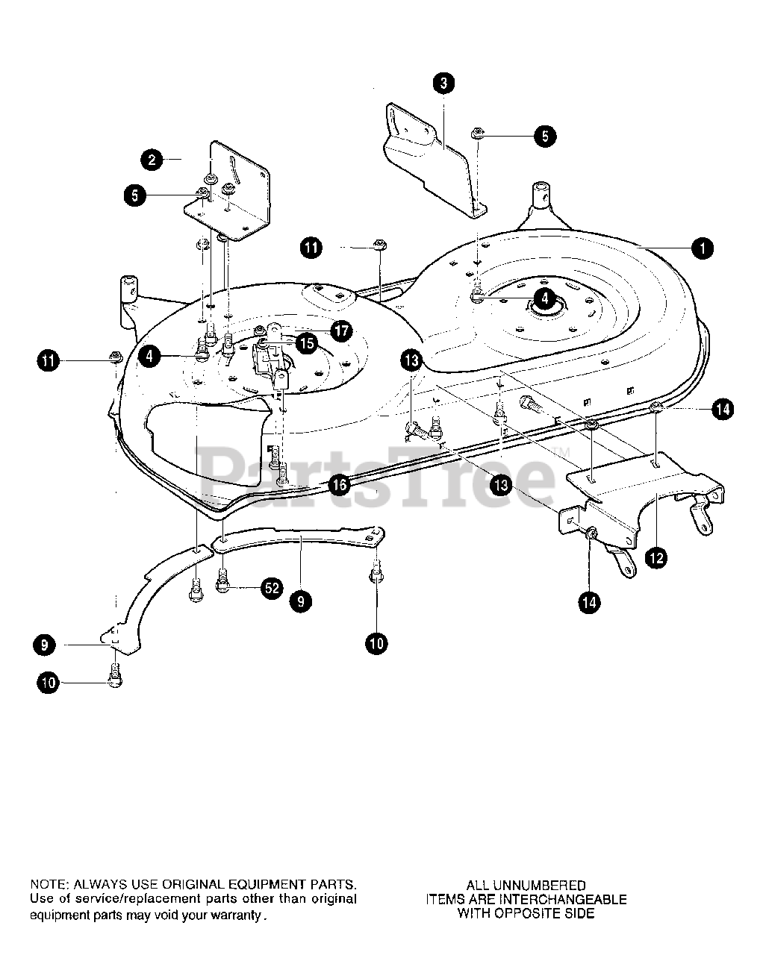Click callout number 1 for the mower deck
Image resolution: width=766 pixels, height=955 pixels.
point(702,248)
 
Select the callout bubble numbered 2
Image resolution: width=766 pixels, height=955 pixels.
point(152,159)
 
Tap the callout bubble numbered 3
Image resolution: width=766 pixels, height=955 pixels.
point(443,83)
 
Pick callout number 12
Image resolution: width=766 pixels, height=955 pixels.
point(656,557)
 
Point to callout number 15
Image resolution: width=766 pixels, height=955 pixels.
point(306,343)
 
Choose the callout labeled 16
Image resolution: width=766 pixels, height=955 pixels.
point(339,485)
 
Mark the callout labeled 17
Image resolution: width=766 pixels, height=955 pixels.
point(341,331)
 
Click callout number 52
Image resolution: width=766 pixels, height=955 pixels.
point(272,588)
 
